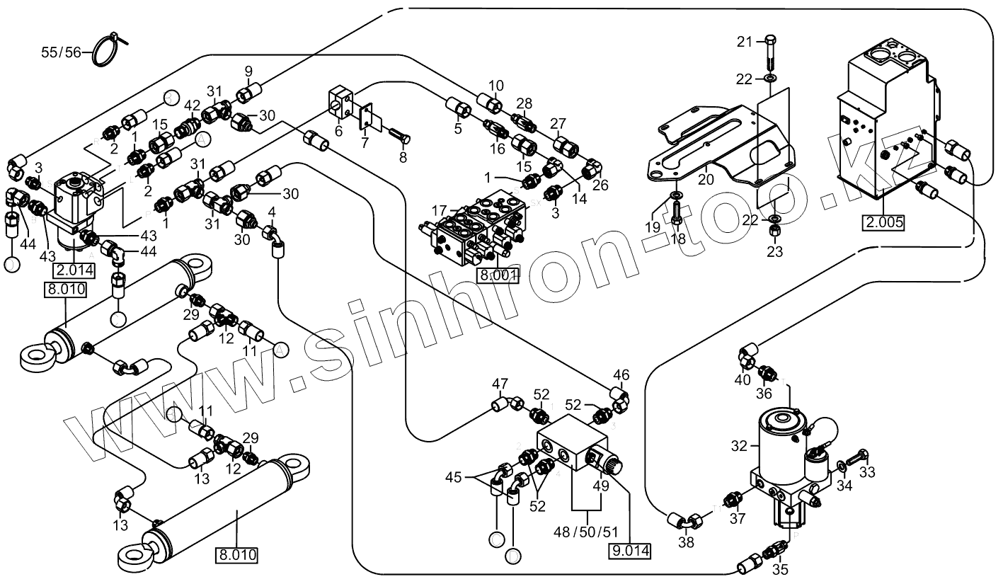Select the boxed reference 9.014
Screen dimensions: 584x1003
pyautogui.click(x=630, y=550)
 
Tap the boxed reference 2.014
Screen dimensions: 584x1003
pyautogui.click(x=74, y=270)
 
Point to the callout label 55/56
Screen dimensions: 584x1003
pyautogui.click(x=61, y=52)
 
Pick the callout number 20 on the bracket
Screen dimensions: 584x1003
pyautogui.click(x=706, y=180)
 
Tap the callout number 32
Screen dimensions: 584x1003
pyautogui.click(x=739, y=446)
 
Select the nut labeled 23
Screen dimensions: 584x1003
pyautogui.click(x=775, y=231)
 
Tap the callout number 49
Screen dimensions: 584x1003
pyautogui.click(x=601, y=486)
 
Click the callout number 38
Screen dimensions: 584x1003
pyautogui.click(x=686, y=543)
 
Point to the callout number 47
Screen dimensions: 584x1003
pyautogui.click(x=500, y=385)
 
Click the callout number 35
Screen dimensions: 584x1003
pyautogui.click(x=779, y=568)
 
